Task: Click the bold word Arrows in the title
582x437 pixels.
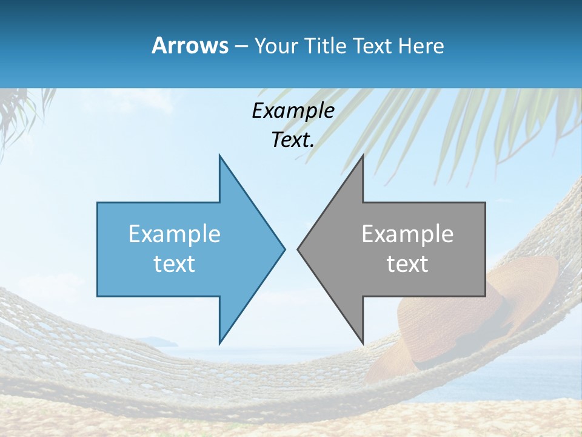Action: click(x=190, y=46)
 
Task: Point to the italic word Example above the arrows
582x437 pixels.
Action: click(x=293, y=110)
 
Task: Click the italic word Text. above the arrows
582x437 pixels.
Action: click(x=293, y=140)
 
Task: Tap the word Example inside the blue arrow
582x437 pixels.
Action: click(x=175, y=234)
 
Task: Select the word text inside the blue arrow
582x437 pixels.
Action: click(x=175, y=264)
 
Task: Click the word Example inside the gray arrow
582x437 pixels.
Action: click(x=407, y=234)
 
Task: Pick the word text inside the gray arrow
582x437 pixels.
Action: click(x=407, y=264)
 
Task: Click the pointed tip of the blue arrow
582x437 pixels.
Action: click(x=284, y=249)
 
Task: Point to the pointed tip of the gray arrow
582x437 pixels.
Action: click(x=298, y=249)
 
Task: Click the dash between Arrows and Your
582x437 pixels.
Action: click(x=241, y=47)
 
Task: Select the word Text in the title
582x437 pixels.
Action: click(x=375, y=46)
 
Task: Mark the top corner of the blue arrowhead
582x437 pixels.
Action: click(x=219, y=155)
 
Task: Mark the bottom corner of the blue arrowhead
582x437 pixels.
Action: click(x=219, y=344)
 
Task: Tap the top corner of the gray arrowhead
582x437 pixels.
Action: click(x=363, y=155)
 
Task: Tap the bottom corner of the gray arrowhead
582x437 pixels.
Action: click(x=363, y=344)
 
